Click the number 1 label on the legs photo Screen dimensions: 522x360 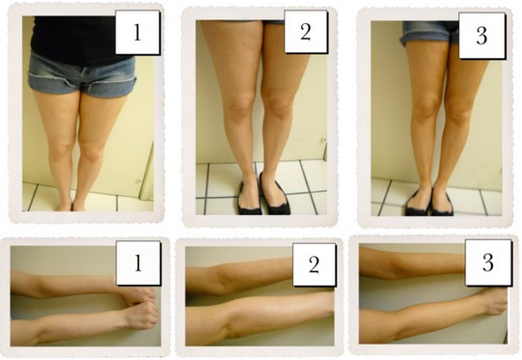click(x=137, y=32)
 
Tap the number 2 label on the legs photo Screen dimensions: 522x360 click(x=306, y=32)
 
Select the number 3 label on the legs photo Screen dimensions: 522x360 click(x=481, y=36)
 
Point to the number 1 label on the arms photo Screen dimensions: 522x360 click(x=138, y=263)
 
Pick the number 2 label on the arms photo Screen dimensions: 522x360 click(x=314, y=264)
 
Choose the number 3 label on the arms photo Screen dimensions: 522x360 click(x=487, y=263)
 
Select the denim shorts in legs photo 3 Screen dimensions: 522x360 click(x=429, y=33)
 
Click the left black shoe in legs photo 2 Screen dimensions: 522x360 click(x=250, y=194)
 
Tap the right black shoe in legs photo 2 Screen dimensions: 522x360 click(x=275, y=194)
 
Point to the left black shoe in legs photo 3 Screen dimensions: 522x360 click(x=419, y=203)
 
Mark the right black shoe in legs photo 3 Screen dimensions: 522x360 click(x=443, y=203)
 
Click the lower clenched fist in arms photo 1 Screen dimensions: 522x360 click(x=142, y=316)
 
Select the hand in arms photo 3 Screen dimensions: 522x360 click(x=495, y=302)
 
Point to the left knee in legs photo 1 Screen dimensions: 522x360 click(x=60, y=150)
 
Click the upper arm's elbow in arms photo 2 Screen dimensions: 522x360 click(x=221, y=278)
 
